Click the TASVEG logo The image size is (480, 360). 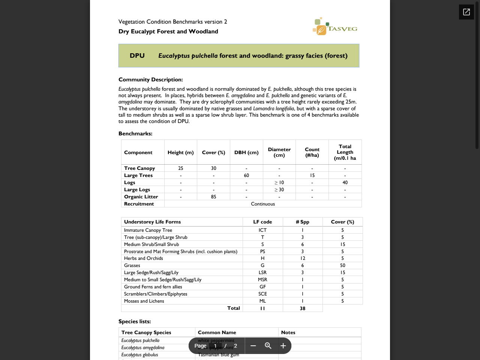[335, 27]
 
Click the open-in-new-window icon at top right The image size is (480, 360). [466, 12]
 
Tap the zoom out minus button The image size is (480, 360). [253, 346]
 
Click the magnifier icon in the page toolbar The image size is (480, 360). [268, 346]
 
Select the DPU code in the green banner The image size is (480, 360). [137, 55]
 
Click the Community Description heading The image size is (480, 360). [150, 79]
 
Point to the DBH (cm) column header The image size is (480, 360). [246, 152]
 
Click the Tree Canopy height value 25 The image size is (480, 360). [181, 168]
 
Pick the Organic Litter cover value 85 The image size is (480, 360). [213, 197]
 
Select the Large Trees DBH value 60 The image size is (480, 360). [246, 175]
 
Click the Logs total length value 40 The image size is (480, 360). [345, 183]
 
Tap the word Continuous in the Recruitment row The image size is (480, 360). [263, 204]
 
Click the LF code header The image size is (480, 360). [262, 222]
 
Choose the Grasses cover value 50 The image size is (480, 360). [342, 265]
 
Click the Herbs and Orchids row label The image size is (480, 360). [144, 258]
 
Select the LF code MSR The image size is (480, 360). [262, 280]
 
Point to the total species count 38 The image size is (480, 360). [302, 308]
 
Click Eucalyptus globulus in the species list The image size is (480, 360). [139, 355]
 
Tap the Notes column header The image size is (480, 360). [288, 332]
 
